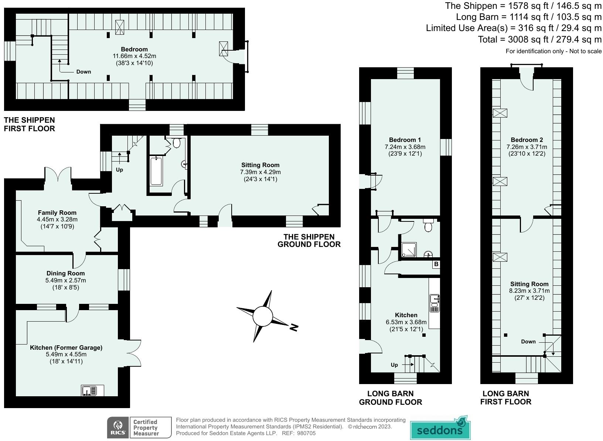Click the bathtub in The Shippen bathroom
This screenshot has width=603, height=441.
(x=156, y=171)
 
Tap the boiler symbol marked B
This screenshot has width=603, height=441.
(x=436, y=264)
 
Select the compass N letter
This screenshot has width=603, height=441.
(x=294, y=327)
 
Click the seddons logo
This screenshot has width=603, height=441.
(x=440, y=428)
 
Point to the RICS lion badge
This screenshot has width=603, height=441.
(x=117, y=428)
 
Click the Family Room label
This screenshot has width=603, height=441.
(x=57, y=213)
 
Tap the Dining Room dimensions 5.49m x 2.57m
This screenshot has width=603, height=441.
(x=66, y=280)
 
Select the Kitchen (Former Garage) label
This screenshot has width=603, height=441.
(x=66, y=347)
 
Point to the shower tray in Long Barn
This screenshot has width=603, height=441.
(x=409, y=250)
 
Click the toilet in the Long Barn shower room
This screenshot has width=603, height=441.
(x=428, y=225)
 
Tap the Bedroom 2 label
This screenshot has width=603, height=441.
(x=527, y=140)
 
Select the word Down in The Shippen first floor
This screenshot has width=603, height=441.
(x=84, y=72)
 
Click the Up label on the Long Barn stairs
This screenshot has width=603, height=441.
(x=394, y=365)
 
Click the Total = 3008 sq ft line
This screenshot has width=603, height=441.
(x=539, y=40)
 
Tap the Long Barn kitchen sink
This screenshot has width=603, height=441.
(x=435, y=303)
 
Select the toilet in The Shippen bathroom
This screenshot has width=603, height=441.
(x=176, y=143)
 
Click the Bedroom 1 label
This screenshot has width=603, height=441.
(x=405, y=140)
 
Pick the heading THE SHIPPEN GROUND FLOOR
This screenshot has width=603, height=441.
(x=309, y=241)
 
